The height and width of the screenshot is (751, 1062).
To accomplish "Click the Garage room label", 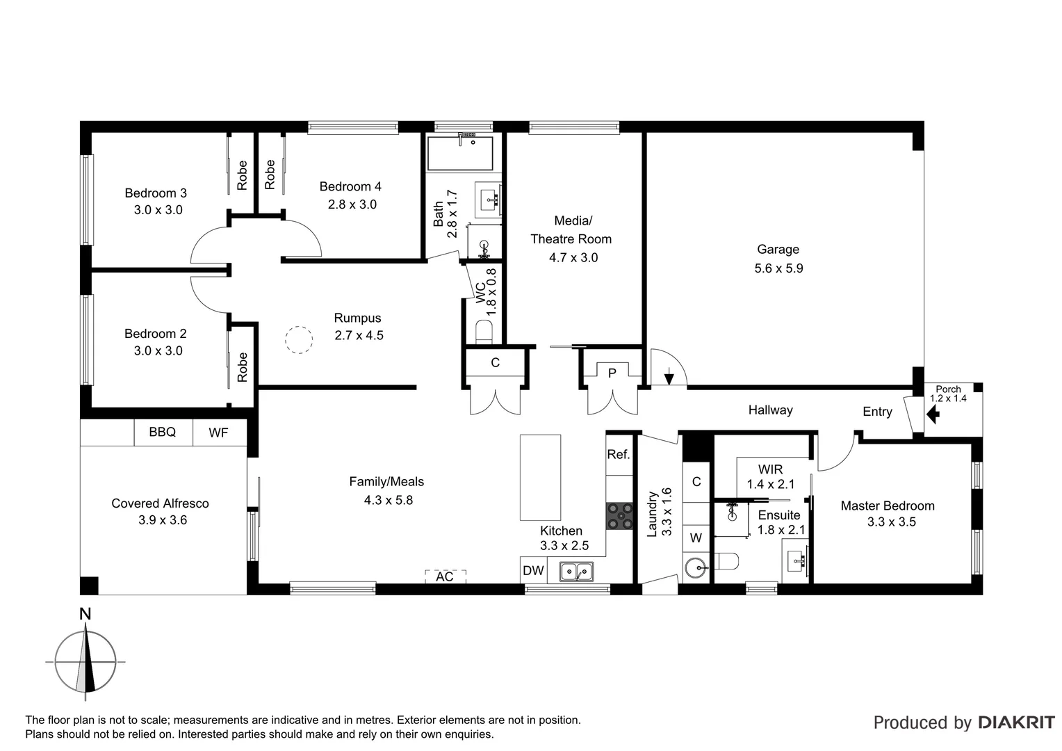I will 778,250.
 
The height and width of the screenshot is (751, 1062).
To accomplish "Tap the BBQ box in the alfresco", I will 163,433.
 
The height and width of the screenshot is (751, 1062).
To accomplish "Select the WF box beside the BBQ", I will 218,433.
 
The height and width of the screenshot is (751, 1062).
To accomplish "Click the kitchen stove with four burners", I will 619,516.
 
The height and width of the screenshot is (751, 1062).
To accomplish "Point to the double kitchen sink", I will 576,572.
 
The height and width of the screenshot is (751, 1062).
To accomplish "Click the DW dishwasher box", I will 533,571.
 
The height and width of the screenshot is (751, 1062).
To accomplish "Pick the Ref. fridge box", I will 619,455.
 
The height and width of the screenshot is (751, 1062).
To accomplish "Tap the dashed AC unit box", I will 445,576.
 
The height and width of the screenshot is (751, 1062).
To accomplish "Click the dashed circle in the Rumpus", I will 299,341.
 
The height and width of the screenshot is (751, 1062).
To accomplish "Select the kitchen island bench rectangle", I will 540,477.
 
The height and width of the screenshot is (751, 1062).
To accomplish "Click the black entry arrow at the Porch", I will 933,416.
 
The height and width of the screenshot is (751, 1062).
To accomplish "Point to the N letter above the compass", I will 85,614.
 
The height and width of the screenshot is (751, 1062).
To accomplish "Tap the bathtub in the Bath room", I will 459,154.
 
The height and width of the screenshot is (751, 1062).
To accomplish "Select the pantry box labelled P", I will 612,373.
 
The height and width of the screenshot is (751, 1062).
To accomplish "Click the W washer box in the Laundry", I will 696,538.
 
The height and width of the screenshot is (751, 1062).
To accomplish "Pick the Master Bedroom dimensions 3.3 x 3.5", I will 891,522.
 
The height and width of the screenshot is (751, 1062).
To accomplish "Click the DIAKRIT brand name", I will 1016,722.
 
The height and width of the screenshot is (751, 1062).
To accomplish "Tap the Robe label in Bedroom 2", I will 242,367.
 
